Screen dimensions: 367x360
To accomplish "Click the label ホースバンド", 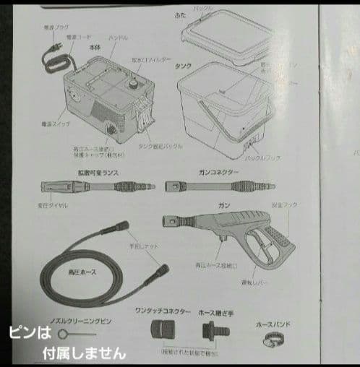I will pyautogui.click(x=274, y=325).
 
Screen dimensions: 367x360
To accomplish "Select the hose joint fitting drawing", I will pyautogui.click(x=212, y=333).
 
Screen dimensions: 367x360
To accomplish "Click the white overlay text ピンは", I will pyautogui.click(x=30, y=334).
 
